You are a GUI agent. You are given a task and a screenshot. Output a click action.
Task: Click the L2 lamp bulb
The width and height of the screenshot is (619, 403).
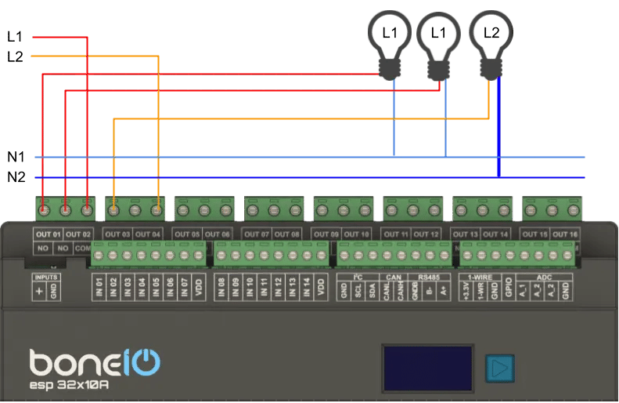pos(491,33)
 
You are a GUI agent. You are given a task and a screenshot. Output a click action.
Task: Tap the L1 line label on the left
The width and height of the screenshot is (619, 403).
pos(16,36)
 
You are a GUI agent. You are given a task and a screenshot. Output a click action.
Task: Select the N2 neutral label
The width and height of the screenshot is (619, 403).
pos(16,177)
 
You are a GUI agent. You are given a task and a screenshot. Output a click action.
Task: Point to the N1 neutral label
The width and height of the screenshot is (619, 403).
pos(16,157)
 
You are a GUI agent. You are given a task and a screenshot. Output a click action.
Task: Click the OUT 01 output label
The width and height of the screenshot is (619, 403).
pos(48,234)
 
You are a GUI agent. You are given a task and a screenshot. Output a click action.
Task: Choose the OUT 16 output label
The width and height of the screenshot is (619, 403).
pos(564,234)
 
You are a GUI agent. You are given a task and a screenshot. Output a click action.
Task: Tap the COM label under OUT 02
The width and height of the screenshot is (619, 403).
pos(83,248)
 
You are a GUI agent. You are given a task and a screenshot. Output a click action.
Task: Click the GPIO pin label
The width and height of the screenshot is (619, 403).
pos(508,289)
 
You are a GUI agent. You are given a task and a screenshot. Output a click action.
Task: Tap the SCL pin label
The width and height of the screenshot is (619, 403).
pos(358,289)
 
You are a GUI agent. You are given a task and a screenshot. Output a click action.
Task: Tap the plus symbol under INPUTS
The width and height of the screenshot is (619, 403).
pos(40,291)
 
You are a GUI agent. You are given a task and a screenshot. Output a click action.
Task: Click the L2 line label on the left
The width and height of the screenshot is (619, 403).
pos(16,56)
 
